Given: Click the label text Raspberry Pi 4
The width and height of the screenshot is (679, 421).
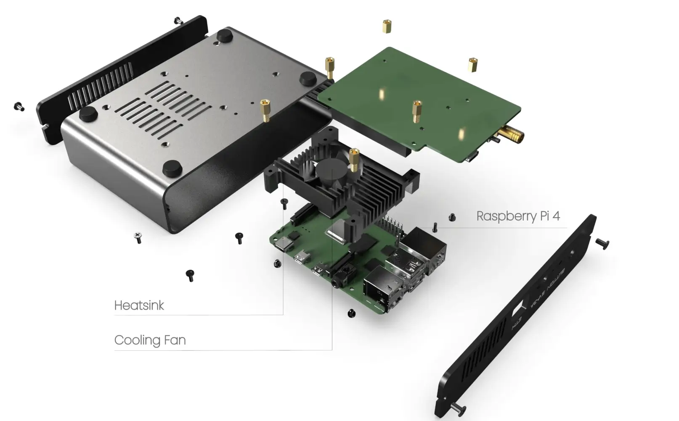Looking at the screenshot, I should click(x=518, y=216).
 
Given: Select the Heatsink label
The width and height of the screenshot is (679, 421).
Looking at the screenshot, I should click(x=139, y=305).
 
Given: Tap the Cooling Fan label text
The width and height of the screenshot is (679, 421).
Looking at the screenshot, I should click(x=150, y=340).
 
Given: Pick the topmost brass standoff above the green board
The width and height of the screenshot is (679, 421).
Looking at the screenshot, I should click(x=387, y=26).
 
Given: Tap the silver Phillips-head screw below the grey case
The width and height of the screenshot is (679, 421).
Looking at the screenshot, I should click(x=138, y=237).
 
